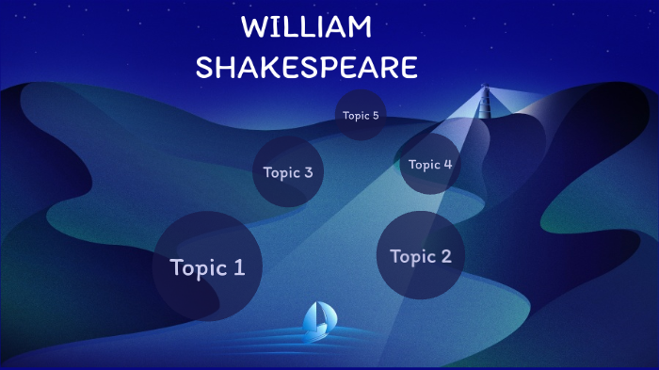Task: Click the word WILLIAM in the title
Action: [307, 27]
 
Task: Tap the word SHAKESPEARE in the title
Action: [306, 68]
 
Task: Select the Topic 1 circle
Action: [207, 265]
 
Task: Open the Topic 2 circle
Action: [420, 256]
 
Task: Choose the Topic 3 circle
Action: [287, 171]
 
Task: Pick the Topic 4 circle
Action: [430, 164]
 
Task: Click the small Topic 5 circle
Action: [361, 116]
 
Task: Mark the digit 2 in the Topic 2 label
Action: [445, 256]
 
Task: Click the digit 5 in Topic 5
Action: [375, 116]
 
